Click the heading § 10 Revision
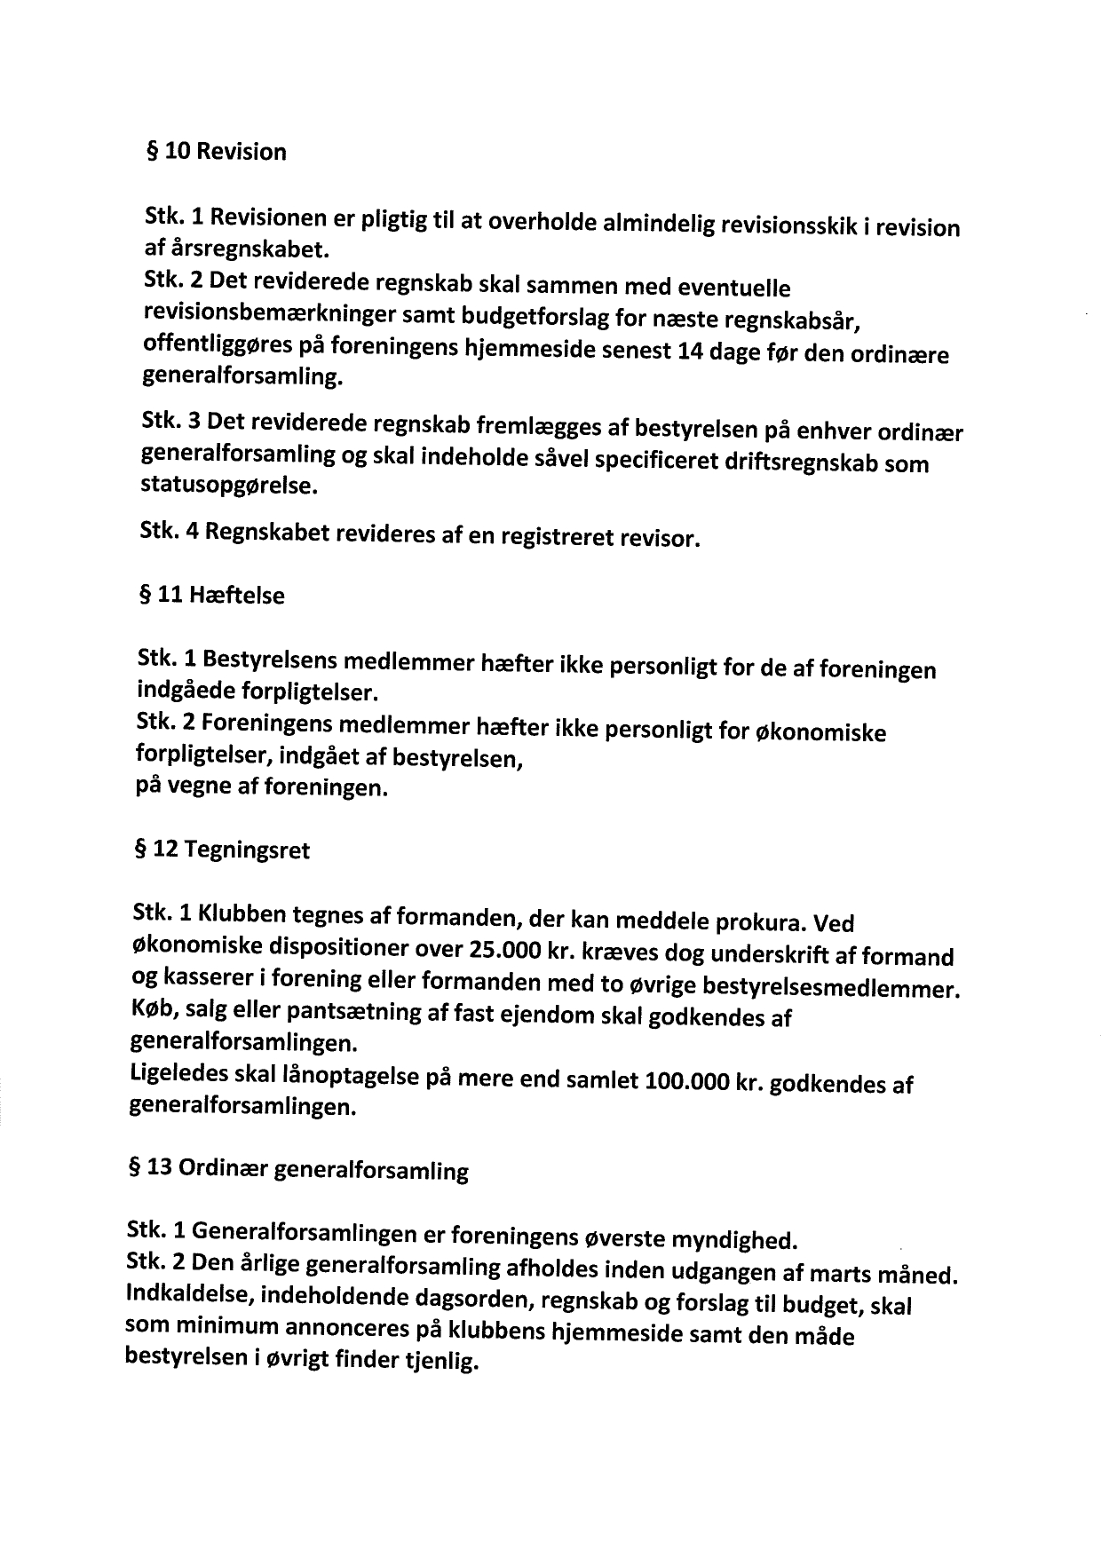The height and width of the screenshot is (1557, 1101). point(216,152)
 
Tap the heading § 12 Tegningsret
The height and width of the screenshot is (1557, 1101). point(221,850)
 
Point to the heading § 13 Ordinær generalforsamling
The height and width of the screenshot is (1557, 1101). point(298,1169)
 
